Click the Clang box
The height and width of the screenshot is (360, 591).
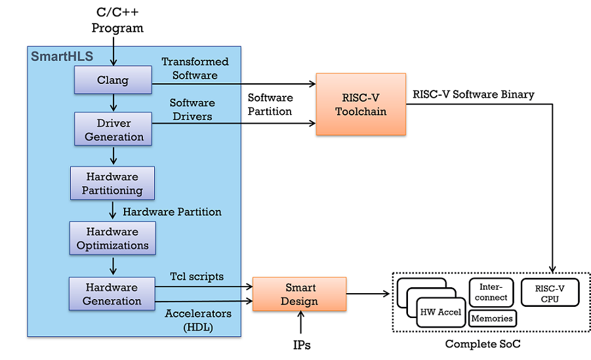point(113,81)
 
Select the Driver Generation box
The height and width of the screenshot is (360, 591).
point(113,130)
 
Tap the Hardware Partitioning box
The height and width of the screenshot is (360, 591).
point(112,184)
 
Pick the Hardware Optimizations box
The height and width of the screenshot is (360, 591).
point(113,238)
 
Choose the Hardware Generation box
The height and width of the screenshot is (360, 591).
point(112,294)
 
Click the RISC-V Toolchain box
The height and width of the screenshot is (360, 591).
point(361,104)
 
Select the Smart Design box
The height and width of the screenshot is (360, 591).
point(300,294)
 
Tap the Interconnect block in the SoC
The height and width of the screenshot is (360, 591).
point(491,292)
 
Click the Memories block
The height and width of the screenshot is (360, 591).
point(492,319)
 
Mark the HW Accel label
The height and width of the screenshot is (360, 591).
point(440,312)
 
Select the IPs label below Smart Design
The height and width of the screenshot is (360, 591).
point(301,344)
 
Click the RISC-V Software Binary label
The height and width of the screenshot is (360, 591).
point(473,94)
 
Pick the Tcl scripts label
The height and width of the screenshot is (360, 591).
point(197,276)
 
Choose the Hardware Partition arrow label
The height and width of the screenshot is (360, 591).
point(172,212)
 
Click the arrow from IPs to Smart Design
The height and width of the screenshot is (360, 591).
point(301,323)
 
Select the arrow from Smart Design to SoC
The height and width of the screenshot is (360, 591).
point(368,294)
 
